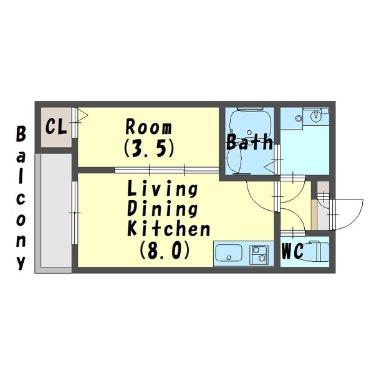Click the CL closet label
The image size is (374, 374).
click(56, 127)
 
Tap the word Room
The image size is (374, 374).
click(148, 127)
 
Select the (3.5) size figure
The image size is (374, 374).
click(149, 148)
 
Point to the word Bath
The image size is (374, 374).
click(250, 142)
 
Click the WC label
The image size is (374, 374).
click(293, 251)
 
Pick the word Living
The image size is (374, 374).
click(163, 188)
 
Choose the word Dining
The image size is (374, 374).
click(163, 209)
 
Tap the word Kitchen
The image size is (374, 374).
click(169, 229)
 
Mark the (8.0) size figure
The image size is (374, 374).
click(165, 250)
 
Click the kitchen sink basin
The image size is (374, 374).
click(229, 254)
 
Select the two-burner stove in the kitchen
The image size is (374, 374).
click(259, 255)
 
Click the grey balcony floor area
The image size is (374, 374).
click(56, 210)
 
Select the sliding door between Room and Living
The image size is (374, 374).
click(166, 170)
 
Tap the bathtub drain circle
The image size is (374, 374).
click(249, 132)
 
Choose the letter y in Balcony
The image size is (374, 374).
click(21, 263)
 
